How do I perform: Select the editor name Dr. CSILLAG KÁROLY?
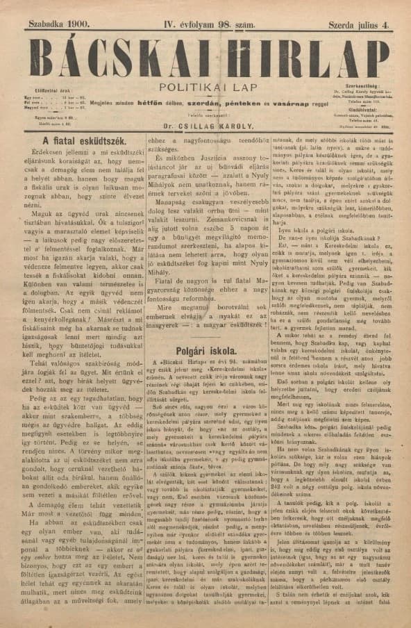[205, 127]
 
